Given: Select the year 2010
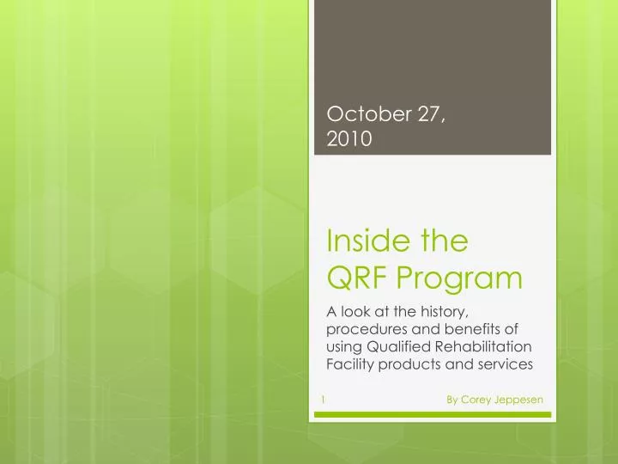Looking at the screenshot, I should click(x=348, y=139).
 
